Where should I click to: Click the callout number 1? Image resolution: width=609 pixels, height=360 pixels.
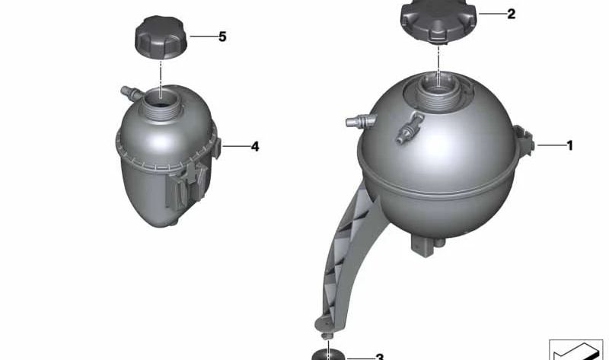[x=569, y=145]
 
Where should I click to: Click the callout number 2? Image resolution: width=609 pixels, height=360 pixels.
[x=511, y=14]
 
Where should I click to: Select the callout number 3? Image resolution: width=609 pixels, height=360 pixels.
[x=379, y=357]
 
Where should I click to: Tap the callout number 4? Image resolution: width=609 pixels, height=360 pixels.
[x=255, y=146]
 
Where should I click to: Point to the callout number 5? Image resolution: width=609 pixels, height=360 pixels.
[x=222, y=37]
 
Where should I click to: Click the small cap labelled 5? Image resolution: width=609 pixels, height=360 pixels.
[x=161, y=38]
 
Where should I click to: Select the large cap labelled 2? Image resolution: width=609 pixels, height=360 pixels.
[x=438, y=21]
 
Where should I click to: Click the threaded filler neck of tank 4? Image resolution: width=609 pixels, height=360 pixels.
[x=161, y=104]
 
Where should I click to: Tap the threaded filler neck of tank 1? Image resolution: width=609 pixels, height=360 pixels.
[x=438, y=93]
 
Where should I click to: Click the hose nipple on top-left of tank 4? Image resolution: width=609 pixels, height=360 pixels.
[x=131, y=93]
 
